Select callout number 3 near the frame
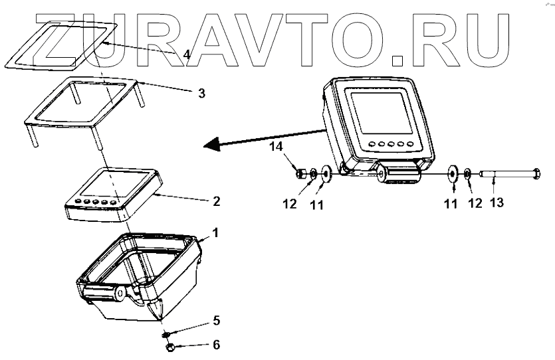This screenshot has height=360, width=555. click(x=201, y=93)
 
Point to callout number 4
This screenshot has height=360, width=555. click(x=187, y=55)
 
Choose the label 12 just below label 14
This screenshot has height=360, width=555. click(x=290, y=203)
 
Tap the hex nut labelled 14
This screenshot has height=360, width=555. click(x=300, y=174)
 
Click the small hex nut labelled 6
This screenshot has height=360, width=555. click(x=169, y=347)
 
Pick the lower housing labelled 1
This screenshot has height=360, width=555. click(x=140, y=272)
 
